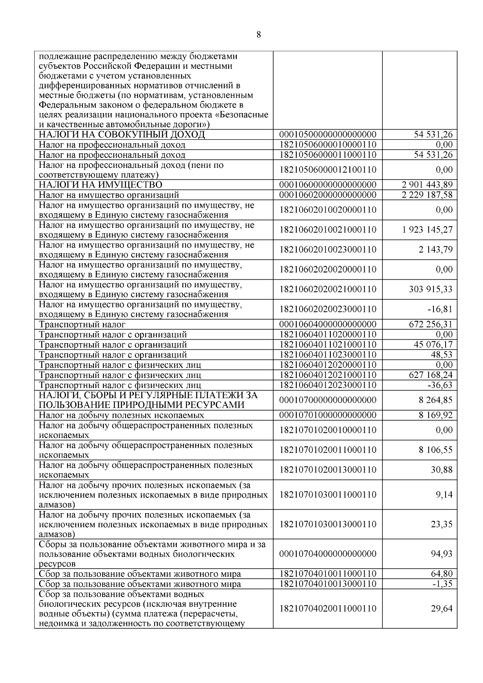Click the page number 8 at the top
[x=258, y=35]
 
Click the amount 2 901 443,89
[x=427, y=185]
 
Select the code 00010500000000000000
[x=328, y=134]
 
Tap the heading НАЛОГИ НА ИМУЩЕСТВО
[x=101, y=185]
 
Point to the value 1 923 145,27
[x=427, y=230]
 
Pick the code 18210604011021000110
[x=328, y=345]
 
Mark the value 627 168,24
[x=430, y=375]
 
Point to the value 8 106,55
[x=436, y=450]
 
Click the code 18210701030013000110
[x=328, y=524]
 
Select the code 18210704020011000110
[x=328, y=609]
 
